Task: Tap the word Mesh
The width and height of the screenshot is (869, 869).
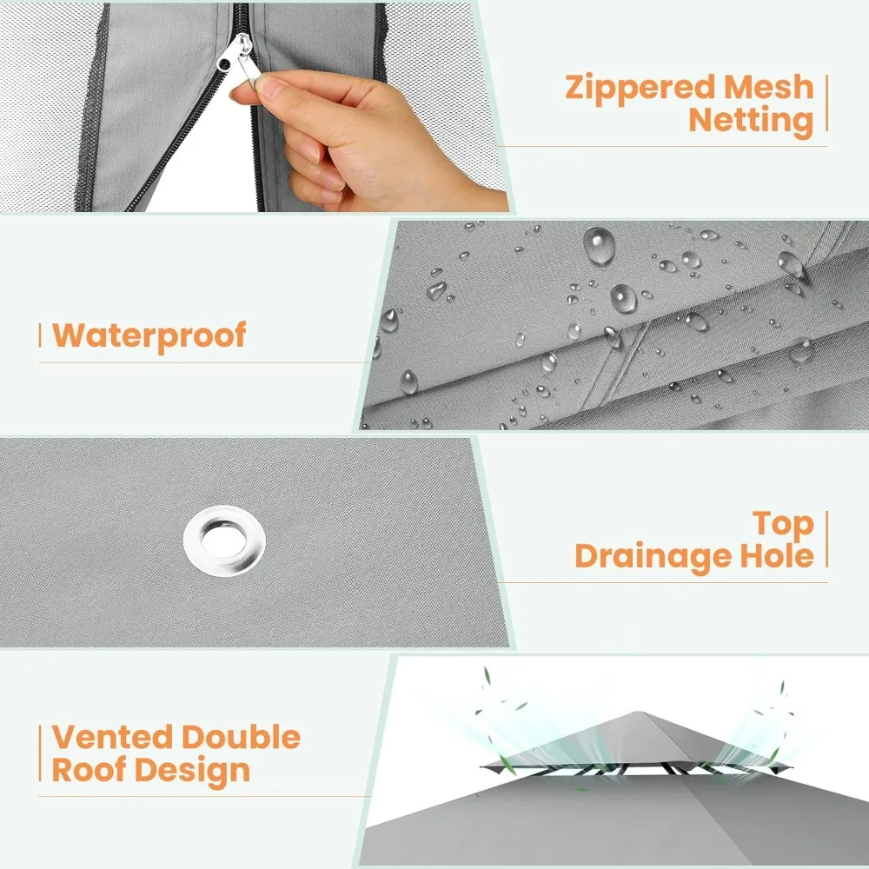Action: pyautogui.click(x=769, y=88)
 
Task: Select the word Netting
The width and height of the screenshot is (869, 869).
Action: pyautogui.click(x=751, y=122)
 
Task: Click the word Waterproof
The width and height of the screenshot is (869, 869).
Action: pyautogui.click(x=149, y=336)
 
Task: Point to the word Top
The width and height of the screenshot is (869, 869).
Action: pyautogui.click(x=783, y=525)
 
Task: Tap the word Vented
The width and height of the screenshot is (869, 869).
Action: pyautogui.click(x=112, y=737)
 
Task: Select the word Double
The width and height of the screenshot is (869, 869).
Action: pyautogui.click(x=241, y=737)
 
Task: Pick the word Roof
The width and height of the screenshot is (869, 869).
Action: pyautogui.click(x=89, y=770)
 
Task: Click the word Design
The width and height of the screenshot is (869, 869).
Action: pyautogui.click(x=192, y=772)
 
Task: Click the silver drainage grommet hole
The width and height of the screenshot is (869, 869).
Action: pyautogui.click(x=224, y=541)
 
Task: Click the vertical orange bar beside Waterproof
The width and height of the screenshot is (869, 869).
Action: pyautogui.click(x=40, y=335)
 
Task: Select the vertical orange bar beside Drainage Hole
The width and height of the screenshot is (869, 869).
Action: pyautogui.click(x=826, y=540)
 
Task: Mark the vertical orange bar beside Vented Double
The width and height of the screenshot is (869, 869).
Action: pyautogui.click(x=40, y=753)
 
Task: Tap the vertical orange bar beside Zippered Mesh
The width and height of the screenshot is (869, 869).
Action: pyautogui.click(x=826, y=103)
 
